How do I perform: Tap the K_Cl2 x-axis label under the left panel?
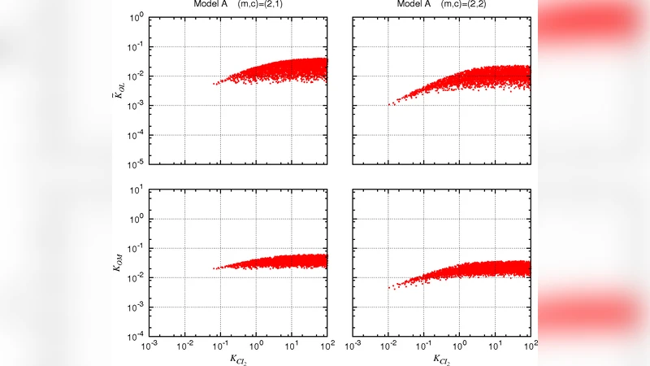(x=237, y=359)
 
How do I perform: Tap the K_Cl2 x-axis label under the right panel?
(x=440, y=359)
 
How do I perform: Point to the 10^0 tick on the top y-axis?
(x=137, y=17)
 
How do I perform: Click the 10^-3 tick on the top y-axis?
(x=137, y=105)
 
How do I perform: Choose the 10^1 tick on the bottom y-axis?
(x=137, y=190)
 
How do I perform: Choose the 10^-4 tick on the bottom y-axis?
(x=137, y=336)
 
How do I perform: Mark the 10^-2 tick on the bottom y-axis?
(x=137, y=278)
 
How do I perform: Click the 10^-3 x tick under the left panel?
(x=149, y=346)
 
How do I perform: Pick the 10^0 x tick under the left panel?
(x=255, y=346)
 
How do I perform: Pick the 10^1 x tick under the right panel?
(x=494, y=346)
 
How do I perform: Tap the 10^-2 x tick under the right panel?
(x=388, y=346)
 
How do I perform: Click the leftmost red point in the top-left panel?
(x=214, y=84)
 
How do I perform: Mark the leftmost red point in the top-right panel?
(x=388, y=104)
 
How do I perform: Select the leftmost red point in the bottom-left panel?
(x=213, y=268)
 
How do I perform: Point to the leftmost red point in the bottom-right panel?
(x=388, y=289)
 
